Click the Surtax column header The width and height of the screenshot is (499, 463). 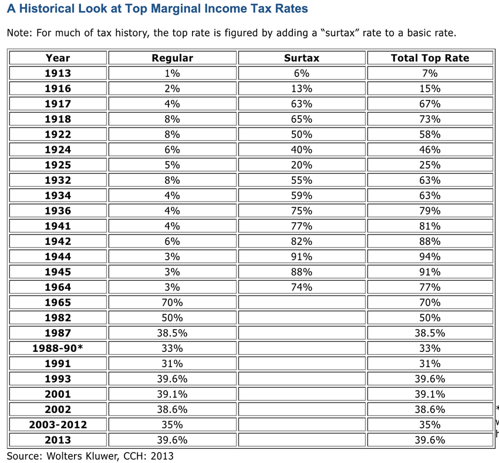click(x=302, y=58)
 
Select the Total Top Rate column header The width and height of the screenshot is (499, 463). click(x=430, y=58)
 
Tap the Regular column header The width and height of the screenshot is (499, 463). click(x=172, y=58)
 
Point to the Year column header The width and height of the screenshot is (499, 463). click(x=58, y=58)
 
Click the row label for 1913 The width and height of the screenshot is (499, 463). click(x=58, y=73)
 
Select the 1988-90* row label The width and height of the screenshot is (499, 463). click(x=58, y=348)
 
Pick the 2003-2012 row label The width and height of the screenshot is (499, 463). click(x=58, y=424)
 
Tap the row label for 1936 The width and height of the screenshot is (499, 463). click(x=58, y=210)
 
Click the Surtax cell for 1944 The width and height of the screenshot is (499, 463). click(x=302, y=256)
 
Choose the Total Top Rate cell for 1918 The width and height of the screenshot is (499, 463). click(x=430, y=119)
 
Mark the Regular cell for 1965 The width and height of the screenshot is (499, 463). click(x=172, y=302)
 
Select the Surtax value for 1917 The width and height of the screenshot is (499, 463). click(x=302, y=103)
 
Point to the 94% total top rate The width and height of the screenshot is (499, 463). click(x=430, y=256)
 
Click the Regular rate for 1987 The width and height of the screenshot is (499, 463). click(x=172, y=333)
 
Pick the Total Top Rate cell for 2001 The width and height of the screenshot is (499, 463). click(x=430, y=394)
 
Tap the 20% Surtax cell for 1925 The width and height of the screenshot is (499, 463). click(x=302, y=165)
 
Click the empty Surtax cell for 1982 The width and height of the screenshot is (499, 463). click(x=302, y=317)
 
